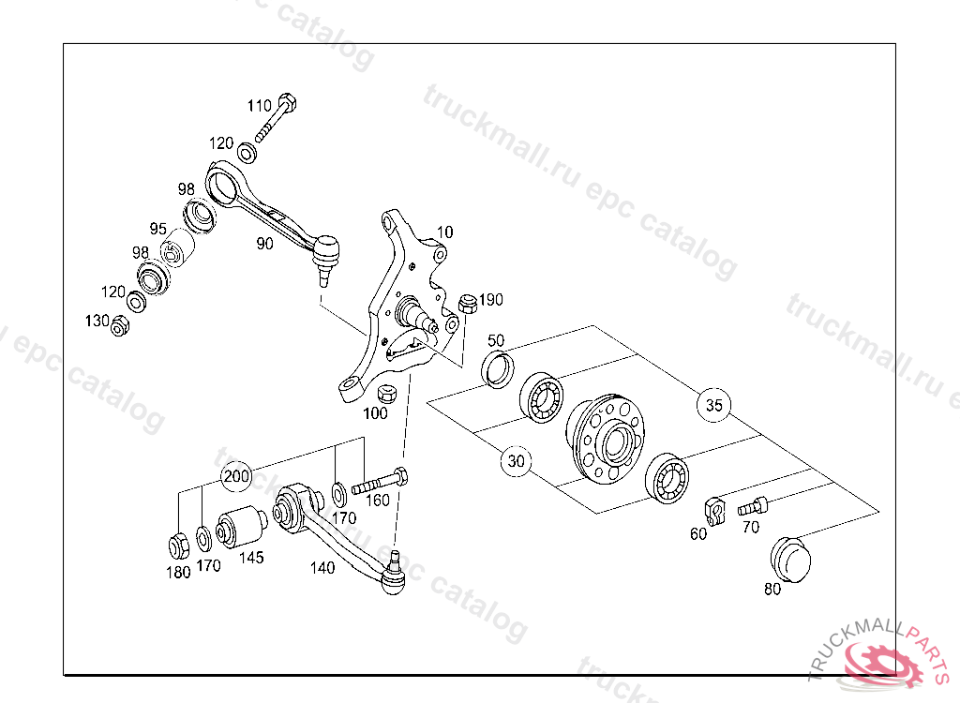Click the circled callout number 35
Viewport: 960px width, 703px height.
[x=713, y=405]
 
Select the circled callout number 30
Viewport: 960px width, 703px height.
[x=517, y=460]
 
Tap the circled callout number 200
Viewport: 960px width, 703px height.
[x=236, y=476]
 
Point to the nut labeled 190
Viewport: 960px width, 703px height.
[x=468, y=303]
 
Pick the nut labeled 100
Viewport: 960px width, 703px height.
[x=387, y=394]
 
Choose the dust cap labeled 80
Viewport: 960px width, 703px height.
[x=790, y=560]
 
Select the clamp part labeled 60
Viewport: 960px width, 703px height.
[x=714, y=512]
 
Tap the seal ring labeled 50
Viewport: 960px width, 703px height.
[x=498, y=369]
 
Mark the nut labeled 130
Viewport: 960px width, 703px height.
[x=120, y=326]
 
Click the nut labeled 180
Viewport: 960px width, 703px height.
[x=179, y=546]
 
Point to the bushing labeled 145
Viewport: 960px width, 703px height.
[x=243, y=527]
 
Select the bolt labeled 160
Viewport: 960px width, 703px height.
[x=380, y=482]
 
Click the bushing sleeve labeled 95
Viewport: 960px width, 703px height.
[x=177, y=248]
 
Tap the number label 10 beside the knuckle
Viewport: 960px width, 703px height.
[x=445, y=232]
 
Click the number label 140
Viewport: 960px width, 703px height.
[x=322, y=568]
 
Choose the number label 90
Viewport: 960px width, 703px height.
[x=264, y=244]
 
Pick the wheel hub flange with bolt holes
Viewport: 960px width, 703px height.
[x=605, y=440]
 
